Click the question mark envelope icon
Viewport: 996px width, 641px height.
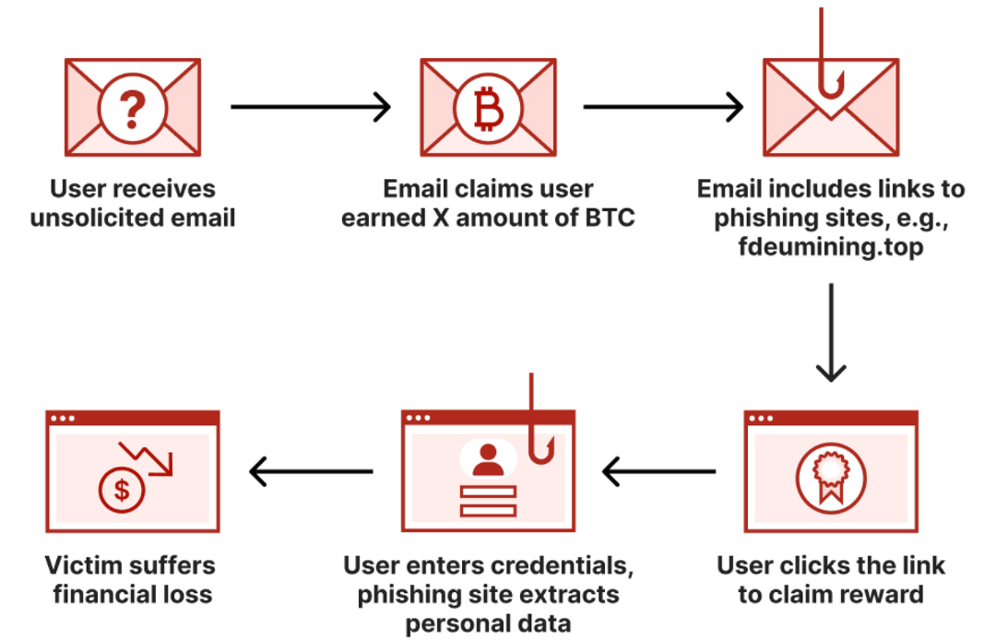[133, 108]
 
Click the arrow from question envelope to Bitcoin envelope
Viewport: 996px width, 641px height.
[311, 107]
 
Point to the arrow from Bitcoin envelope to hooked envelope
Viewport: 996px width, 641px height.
[663, 107]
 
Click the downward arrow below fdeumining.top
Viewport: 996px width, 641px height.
[831, 332]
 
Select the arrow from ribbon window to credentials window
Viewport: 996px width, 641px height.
[658, 472]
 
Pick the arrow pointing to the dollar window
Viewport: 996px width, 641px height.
[311, 472]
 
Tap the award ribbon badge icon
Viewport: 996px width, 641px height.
[831, 478]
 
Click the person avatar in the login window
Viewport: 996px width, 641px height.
[488, 458]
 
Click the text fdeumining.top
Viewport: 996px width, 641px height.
[831, 248]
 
